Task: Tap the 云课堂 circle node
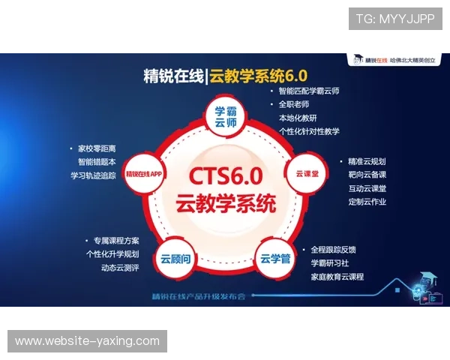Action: (303, 171)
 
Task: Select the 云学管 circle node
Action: (274, 259)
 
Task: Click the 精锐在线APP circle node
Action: (145, 172)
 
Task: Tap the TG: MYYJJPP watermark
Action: (395, 19)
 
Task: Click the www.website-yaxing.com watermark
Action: (87, 341)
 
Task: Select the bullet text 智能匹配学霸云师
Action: (308, 91)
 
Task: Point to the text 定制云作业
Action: (367, 202)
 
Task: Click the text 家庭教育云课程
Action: (337, 277)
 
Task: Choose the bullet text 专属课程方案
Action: (116, 241)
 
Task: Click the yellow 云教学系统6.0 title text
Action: (259, 75)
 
